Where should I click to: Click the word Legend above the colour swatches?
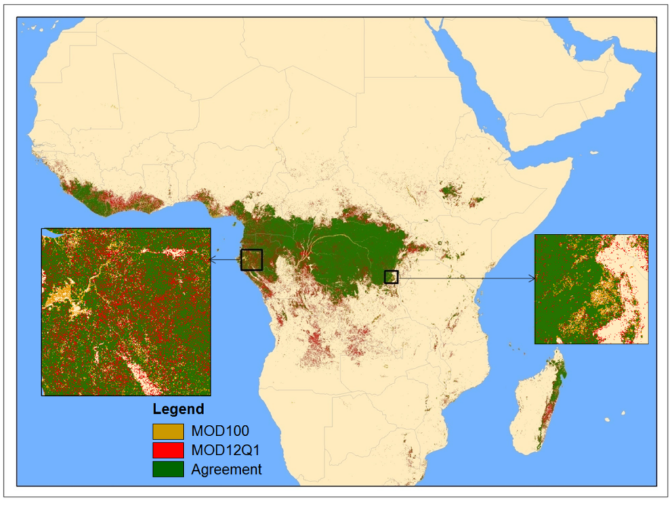[x=178, y=409]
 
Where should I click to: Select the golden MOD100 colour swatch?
[x=168, y=431]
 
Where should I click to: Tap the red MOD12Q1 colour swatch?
[x=168, y=450]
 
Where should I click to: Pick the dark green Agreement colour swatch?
[x=168, y=469]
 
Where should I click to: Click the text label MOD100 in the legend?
[x=220, y=431]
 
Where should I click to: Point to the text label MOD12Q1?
[x=226, y=450]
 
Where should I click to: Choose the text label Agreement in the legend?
[x=226, y=469]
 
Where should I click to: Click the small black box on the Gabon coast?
[x=251, y=260]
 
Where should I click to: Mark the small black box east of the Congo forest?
[x=391, y=277]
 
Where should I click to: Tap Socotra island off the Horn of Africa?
[x=593, y=153]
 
